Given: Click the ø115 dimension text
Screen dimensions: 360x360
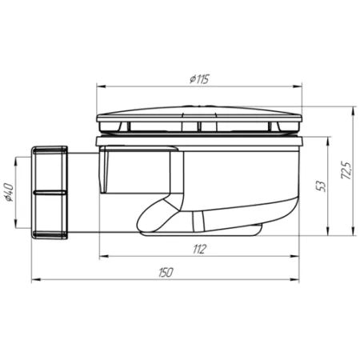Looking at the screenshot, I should pyautogui.click(x=200, y=78).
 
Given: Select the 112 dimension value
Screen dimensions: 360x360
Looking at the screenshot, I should pyautogui.click(x=200, y=250).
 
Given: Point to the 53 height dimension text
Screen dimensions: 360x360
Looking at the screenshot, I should pyautogui.click(x=320, y=186).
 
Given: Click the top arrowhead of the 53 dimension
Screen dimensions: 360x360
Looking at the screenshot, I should pyautogui.click(x=328, y=140).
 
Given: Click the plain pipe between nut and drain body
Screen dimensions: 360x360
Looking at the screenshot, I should pyautogui.click(x=80, y=192).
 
